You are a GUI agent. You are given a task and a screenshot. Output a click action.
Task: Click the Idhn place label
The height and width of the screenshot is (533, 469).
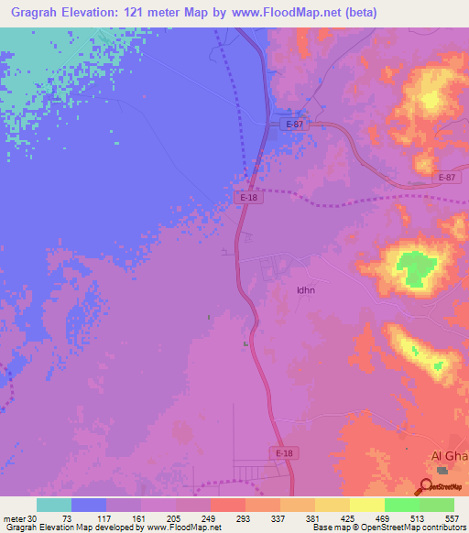coord(306,290)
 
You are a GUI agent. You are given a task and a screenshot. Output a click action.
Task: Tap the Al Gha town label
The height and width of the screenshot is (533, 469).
coord(449,457)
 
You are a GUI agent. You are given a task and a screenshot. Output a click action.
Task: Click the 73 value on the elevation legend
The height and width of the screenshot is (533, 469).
coord(71,517)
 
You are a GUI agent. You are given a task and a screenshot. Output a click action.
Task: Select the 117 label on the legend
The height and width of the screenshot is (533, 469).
coord(106,517)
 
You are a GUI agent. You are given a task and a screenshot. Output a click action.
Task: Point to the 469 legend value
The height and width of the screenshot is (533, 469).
coord(385,517)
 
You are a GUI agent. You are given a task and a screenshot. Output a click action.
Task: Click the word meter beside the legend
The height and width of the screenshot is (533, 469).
coord(14,517)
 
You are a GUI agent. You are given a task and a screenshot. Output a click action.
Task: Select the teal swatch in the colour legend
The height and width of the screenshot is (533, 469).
coord(54,505)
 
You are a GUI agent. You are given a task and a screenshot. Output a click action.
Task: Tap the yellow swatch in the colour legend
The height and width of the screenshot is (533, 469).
coord(367,505)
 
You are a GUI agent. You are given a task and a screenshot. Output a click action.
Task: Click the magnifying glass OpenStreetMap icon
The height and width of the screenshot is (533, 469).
coord(427,486)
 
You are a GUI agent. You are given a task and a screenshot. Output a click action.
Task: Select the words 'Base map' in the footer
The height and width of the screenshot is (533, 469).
coord(328,528)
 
